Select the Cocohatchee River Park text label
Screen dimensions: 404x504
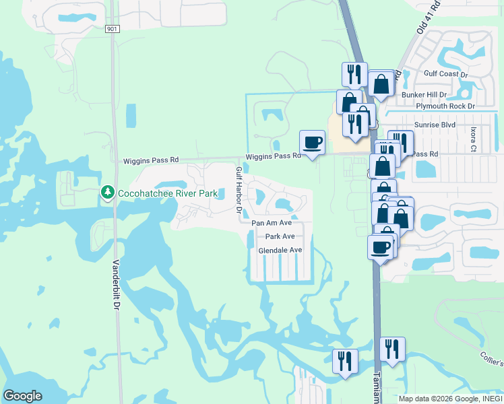168,194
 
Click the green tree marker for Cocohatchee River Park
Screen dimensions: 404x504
107,193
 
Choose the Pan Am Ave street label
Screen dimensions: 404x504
272,222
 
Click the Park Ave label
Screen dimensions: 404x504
280,236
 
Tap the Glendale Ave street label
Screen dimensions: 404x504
280,250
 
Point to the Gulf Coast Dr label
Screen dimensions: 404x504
445,73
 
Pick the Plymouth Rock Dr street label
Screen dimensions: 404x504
445,106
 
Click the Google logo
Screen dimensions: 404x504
23,395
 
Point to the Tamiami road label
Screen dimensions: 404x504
377,386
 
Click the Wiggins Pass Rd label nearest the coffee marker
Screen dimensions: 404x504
273,156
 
